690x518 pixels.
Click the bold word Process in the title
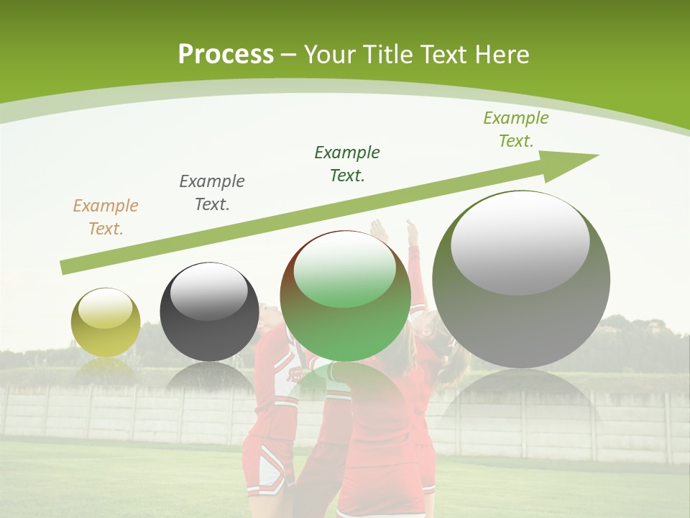(226, 55)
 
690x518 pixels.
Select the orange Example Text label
(106, 217)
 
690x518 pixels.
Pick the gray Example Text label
(212, 193)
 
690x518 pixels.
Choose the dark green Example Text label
(347, 164)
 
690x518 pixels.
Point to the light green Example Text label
(516, 129)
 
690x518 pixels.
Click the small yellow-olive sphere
(106, 324)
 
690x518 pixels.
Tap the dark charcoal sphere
(209, 317)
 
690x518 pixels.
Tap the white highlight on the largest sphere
(520, 242)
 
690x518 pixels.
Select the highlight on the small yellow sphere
(106, 309)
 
